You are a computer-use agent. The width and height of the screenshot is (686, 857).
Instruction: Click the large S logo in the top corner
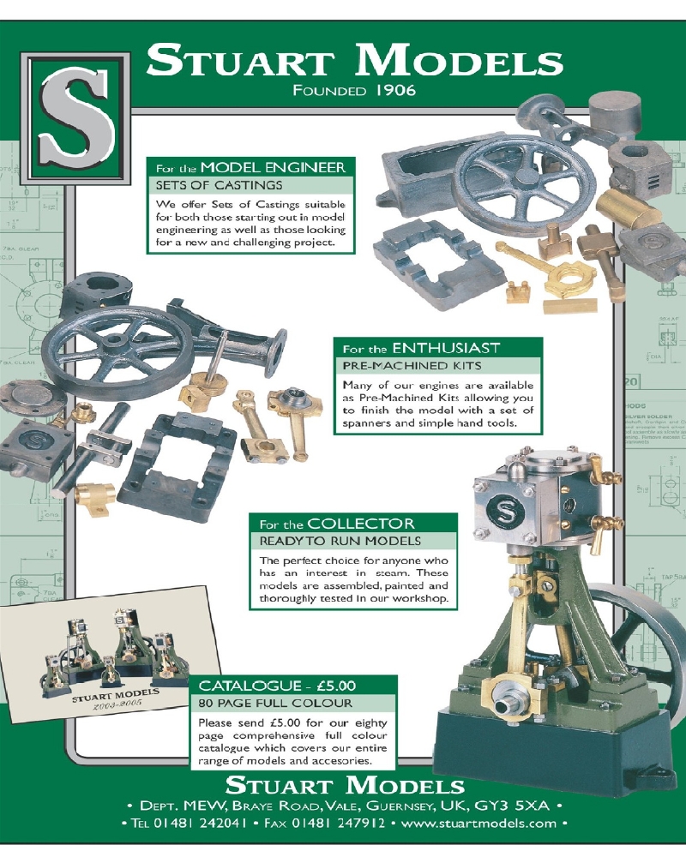coord(75,115)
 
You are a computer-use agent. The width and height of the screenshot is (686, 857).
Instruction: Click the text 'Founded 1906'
coord(354,89)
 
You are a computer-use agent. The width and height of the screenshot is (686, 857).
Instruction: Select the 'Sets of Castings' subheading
coord(219,185)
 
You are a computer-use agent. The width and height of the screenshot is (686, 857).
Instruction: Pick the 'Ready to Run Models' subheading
coord(341,541)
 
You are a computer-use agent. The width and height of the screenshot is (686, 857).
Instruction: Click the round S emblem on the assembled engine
coord(500,512)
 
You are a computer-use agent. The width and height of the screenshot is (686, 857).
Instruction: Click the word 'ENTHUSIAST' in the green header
coord(445,349)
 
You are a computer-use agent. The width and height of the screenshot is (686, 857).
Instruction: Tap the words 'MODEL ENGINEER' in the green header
coord(274,167)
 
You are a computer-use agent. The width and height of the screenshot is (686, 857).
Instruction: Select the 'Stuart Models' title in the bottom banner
coord(345,785)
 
